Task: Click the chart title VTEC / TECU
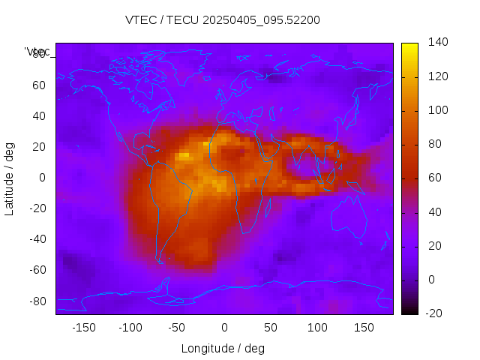pyautogui.click(x=223, y=20)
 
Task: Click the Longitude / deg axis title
pyautogui.click(x=223, y=348)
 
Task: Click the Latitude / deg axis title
pyautogui.click(x=10, y=178)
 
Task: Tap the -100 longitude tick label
pyautogui.click(x=130, y=328)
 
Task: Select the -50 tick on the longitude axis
pyautogui.click(x=177, y=328)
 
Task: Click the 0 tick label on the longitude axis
pyautogui.click(x=224, y=328)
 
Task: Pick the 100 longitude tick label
pyautogui.click(x=317, y=328)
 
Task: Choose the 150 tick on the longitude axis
pyautogui.click(x=364, y=328)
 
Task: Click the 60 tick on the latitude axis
pyautogui.click(x=39, y=85)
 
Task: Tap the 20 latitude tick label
pyautogui.click(x=39, y=147)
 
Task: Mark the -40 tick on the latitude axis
pyautogui.click(x=37, y=239)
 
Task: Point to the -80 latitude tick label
pyautogui.click(x=37, y=301)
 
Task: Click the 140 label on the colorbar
pyautogui.click(x=438, y=43)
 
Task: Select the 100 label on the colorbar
pyautogui.click(x=438, y=110)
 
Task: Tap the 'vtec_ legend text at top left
pyautogui.click(x=37, y=52)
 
